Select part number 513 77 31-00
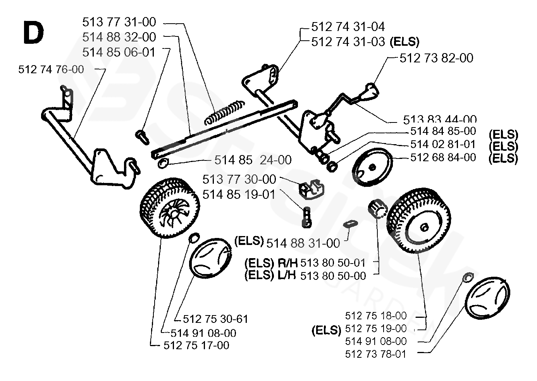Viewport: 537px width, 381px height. pyautogui.click(x=119, y=22)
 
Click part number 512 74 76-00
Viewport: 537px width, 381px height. pyautogui.click(x=51, y=70)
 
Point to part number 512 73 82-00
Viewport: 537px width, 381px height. pyautogui.click(x=436, y=58)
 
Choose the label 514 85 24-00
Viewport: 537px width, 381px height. pyautogui.click(x=253, y=160)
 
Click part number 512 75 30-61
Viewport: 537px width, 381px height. pyautogui.click(x=215, y=319)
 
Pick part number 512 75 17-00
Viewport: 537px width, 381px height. pyautogui.click(x=196, y=345)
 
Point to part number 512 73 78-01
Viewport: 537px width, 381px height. pyautogui.click(x=376, y=353)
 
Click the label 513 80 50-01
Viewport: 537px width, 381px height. pyautogui.click(x=333, y=263)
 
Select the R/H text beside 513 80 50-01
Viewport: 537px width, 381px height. pyautogui.click(x=287, y=263)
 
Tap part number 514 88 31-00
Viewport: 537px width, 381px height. pyautogui.click(x=303, y=243)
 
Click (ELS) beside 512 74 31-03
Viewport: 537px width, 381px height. pyautogui.click(x=405, y=41)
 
